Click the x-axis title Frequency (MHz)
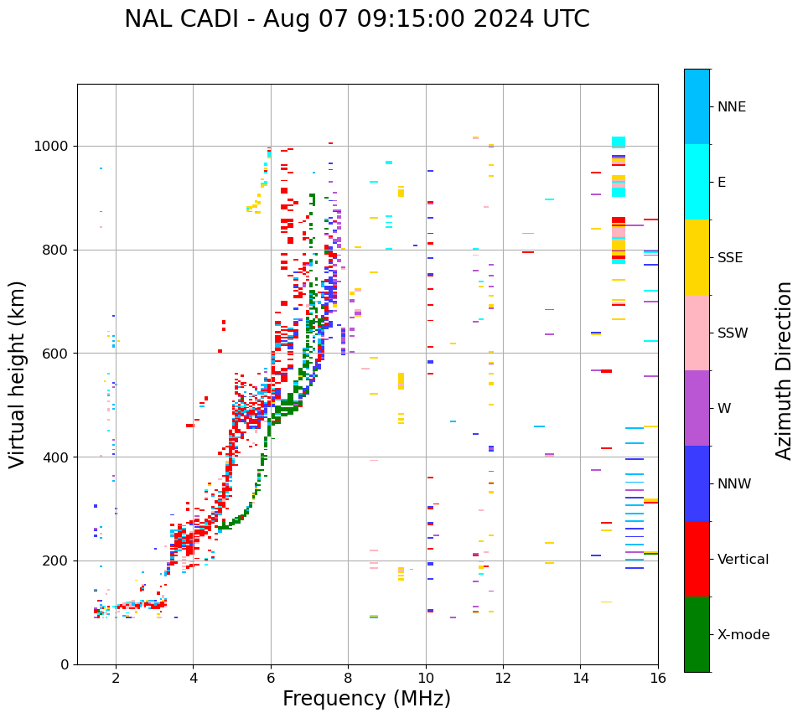point(366,699)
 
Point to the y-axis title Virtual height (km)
point(18,374)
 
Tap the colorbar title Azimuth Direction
point(784,370)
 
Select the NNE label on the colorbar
point(732,107)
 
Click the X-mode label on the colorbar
point(743,635)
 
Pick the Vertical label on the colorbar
point(743,560)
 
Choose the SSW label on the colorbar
point(733,333)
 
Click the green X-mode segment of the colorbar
point(697,634)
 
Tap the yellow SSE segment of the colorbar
point(697,257)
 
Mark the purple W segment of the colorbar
point(697,408)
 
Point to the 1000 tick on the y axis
point(52,147)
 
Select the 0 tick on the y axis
point(65,664)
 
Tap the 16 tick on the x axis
point(658,678)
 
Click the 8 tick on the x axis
point(348,678)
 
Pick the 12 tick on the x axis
point(503,678)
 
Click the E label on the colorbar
point(722,183)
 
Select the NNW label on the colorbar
point(734,484)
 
